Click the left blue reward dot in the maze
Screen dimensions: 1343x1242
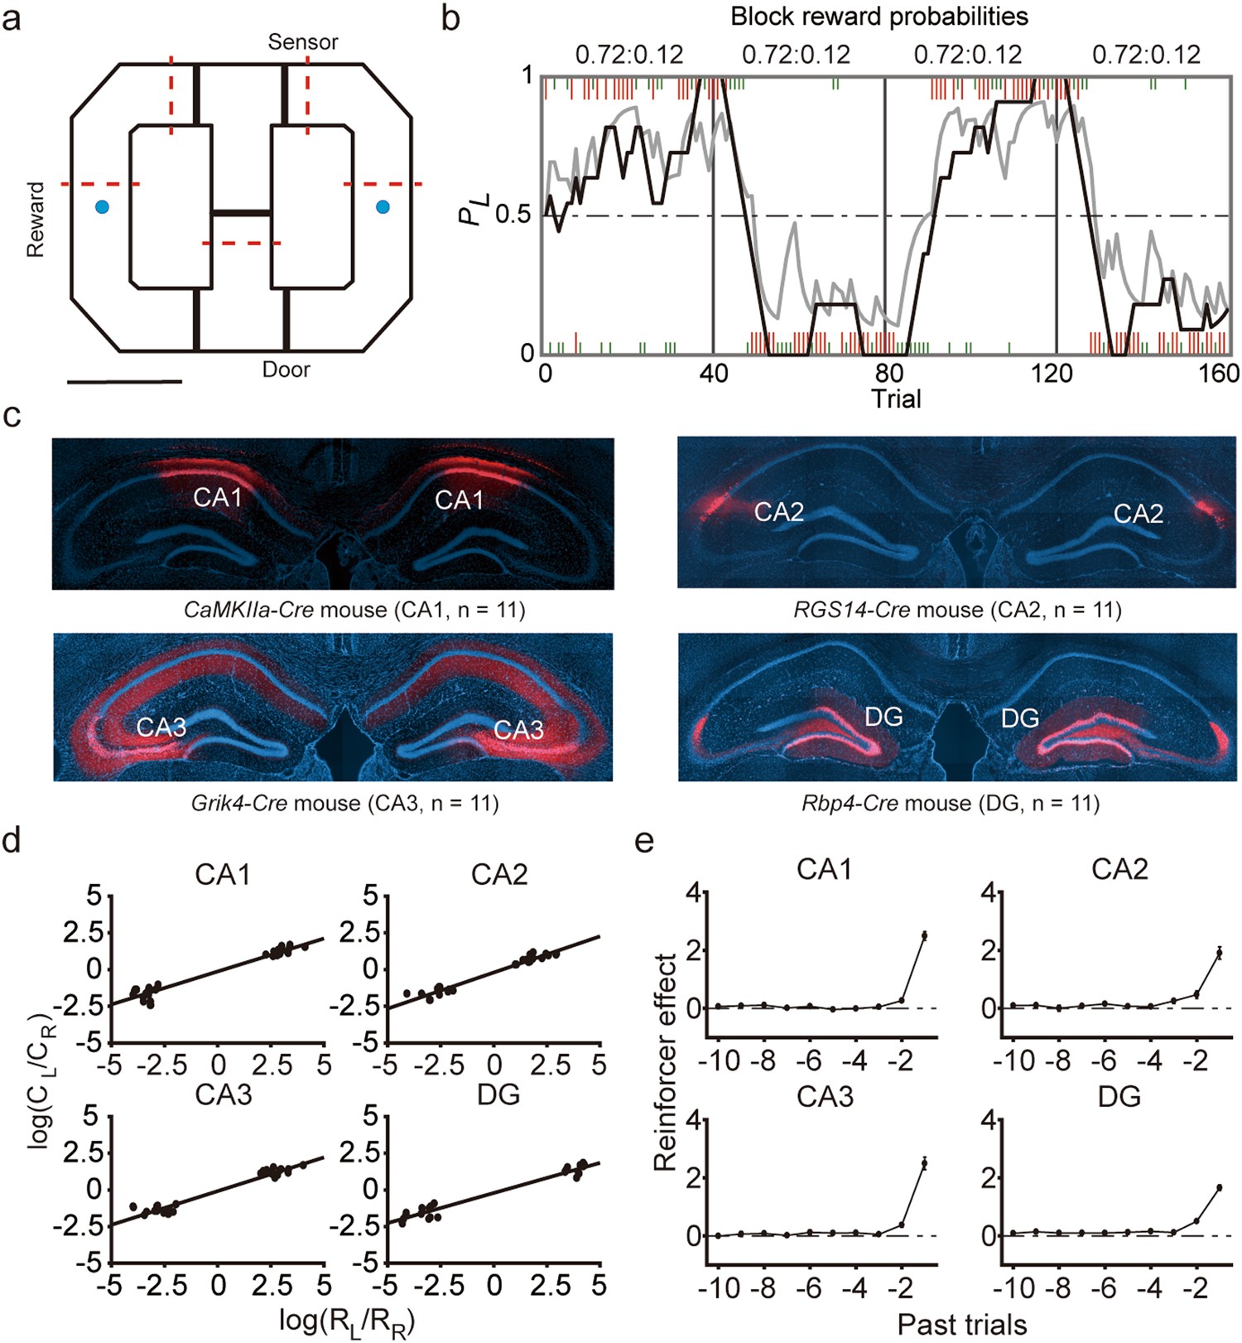pos(102,207)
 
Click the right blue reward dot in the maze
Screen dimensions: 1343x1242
pos(383,207)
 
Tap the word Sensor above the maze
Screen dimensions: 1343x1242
pos(302,42)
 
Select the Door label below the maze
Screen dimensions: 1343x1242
pos(286,370)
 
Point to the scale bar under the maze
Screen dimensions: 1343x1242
pos(124,382)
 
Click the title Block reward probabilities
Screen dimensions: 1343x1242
pos(879,16)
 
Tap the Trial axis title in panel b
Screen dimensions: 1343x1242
pos(896,399)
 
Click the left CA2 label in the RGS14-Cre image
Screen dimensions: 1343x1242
pos(779,512)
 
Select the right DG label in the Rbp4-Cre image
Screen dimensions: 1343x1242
pos(1020,717)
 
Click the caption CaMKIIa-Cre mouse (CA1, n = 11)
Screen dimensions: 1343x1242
pos(354,611)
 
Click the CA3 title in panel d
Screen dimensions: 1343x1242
pos(224,1094)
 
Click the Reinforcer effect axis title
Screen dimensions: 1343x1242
pos(665,1062)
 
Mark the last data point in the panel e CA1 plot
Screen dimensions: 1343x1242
pos(923,935)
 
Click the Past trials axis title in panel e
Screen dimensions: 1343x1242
pos(962,1324)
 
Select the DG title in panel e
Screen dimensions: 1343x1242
pos(1119,1096)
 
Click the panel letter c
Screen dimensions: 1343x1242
pos(12,415)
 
